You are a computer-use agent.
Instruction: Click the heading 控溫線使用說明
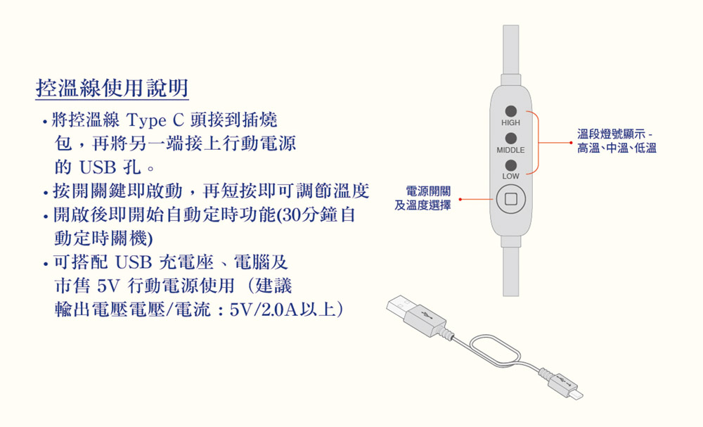[x=112, y=88]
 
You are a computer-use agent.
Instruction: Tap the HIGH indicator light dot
[x=510, y=111]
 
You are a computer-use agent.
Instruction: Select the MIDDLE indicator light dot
[x=510, y=138]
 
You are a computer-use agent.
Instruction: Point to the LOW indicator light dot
[x=510, y=165]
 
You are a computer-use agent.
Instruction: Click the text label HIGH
[x=510, y=123]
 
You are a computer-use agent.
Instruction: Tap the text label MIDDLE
[x=510, y=151]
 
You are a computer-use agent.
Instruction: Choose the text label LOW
[x=510, y=177]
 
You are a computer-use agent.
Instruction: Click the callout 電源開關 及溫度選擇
[x=423, y=198]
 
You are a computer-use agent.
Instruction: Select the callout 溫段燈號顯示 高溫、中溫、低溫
[x=617, y=141]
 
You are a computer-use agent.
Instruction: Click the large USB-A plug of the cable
[x=417, y=314]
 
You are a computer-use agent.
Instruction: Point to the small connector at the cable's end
[x=566, y=385]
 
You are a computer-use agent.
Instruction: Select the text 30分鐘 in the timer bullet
[x=311, y=215]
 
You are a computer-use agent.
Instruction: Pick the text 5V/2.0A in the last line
[x=264, y=310]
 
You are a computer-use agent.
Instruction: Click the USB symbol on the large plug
[x=427, y=314]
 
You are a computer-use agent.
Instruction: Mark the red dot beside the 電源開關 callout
[x=460, y=198]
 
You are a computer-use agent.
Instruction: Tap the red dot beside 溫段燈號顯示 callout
[x=571, y=143]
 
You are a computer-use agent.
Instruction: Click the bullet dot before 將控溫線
[x=45, y=122]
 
